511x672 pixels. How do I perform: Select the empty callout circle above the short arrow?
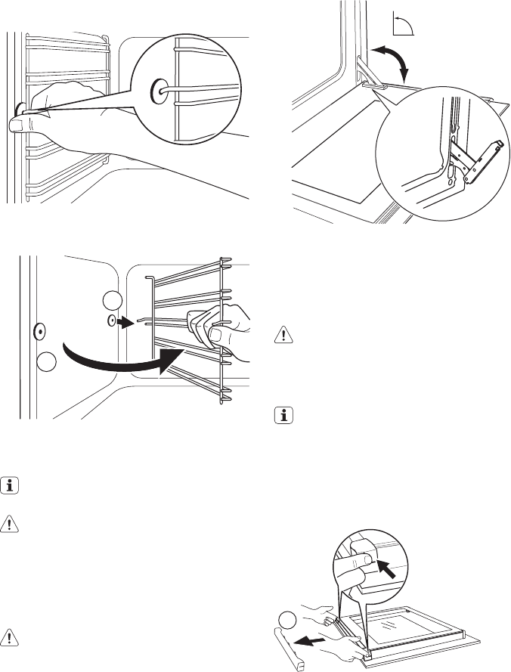tap(112, 300)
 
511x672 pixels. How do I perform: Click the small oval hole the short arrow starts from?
tap(112, 321)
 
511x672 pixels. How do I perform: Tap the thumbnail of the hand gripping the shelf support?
tap(216, 333)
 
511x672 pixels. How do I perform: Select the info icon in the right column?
tap(283, 417)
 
